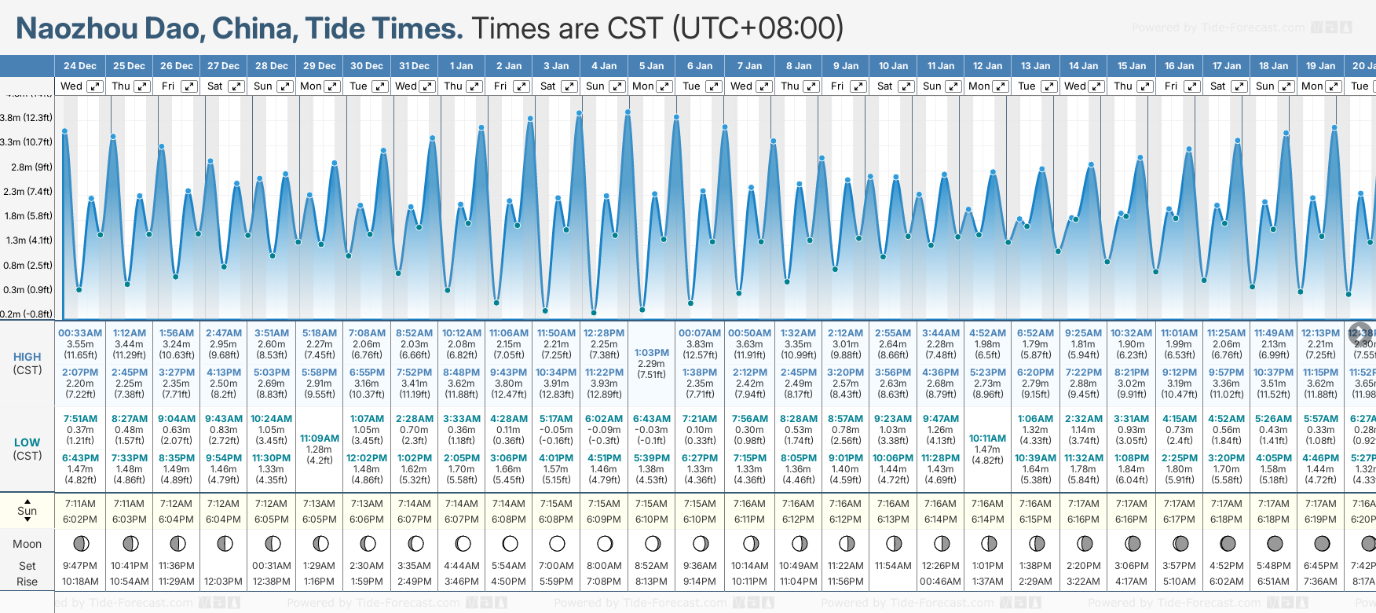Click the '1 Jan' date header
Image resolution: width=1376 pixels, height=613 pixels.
[x=461, y=66]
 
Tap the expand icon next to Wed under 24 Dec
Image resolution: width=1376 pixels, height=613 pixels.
[x=94, y=86]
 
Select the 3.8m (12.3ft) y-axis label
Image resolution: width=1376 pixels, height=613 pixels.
[x=26, y=118]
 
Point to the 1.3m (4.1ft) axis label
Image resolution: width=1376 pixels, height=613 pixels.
[x=27, y=240]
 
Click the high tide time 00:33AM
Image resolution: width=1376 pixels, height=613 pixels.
[x=80, y=333]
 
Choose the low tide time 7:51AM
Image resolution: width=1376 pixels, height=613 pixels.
[x=80, y=419]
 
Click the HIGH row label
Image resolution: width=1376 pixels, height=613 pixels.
[x=27, y=357]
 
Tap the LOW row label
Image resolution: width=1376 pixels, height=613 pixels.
[x=27, y=442]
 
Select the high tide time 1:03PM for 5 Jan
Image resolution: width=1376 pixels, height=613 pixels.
[x=652, y=353]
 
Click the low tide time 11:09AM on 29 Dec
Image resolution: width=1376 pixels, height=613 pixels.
[x=320, y=439]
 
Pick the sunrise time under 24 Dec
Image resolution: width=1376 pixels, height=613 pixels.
[x=80, y=504]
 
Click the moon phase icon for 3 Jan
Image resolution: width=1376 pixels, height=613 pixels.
[x=557, y=544]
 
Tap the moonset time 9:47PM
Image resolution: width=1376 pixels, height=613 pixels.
[x=80, y=566]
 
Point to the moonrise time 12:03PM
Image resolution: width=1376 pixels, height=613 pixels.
[x=223, y=582]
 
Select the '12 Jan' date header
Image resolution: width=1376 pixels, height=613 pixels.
[x=987, y=66]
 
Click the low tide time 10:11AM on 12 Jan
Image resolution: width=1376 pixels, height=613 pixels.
[x=987, y=439]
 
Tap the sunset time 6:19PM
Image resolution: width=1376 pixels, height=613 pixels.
[x=1320, y=519]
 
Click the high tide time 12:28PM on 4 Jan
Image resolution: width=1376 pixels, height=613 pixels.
[x=604, y=333]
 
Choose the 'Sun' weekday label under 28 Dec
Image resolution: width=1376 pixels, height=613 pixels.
[x=263, y=86]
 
